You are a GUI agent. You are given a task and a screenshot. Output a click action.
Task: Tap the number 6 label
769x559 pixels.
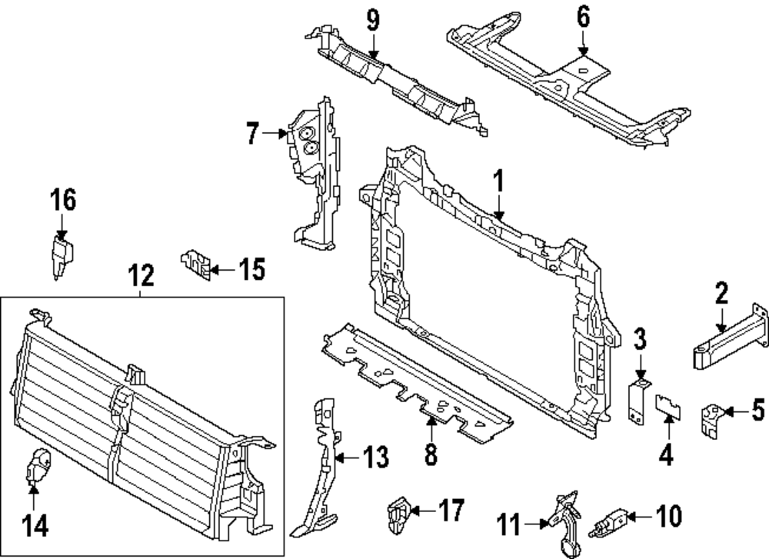(x=583, y=15)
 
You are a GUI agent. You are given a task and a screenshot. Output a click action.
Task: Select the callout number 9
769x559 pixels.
(x=372, y=19)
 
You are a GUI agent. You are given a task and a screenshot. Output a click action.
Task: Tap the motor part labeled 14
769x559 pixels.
(x=38, y=467)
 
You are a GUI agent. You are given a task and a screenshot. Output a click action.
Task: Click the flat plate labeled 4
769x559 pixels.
(x=666, y=405)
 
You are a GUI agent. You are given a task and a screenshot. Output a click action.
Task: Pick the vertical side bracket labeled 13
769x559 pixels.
(x=323, y=469)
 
